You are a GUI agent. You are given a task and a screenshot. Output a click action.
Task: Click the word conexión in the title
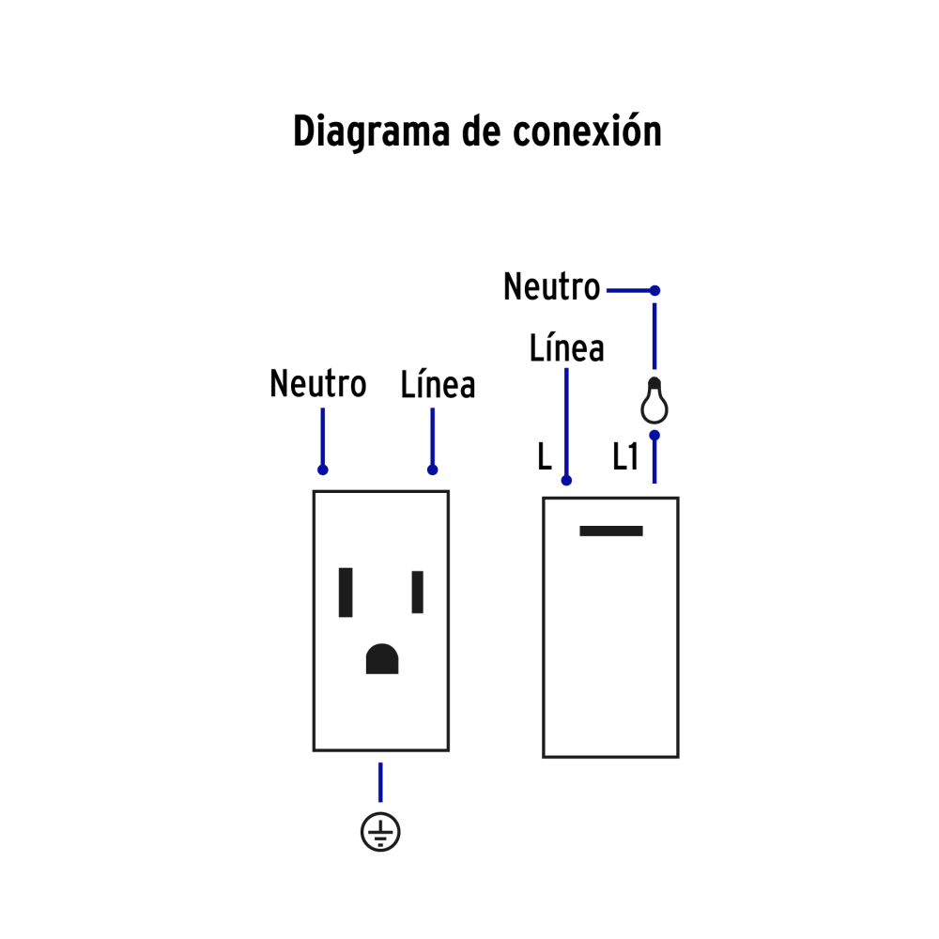click(587, 131)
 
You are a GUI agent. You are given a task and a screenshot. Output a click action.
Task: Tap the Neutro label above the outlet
click(317, 383)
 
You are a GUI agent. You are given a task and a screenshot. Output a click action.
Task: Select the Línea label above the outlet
click(438, 384)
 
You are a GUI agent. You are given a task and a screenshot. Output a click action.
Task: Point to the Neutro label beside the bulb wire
click(551, 287)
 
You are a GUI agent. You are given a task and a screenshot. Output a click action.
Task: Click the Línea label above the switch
click(566, 348)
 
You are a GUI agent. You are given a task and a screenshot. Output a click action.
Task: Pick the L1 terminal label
click(625, 458)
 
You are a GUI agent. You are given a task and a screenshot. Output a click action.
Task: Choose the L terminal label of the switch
click(545, 458)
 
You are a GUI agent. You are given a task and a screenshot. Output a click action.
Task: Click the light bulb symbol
click(654, 401)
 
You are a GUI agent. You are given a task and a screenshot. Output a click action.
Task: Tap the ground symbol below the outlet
click(380, 832)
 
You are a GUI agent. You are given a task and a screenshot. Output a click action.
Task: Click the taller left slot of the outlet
click(346, 592)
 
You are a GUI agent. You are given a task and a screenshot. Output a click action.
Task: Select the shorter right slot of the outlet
click(418, 592)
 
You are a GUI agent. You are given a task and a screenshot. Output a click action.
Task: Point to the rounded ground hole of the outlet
click(382, 659)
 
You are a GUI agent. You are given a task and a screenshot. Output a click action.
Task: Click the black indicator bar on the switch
click(611, 531)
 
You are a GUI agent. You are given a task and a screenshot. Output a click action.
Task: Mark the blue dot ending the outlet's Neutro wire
click(322, 469)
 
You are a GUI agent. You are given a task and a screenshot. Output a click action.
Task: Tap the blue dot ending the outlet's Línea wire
click(432, 469)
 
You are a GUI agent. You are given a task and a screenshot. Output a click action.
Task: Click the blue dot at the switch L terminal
click(566, 481)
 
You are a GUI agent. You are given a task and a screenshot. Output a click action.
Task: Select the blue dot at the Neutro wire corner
click(655, 291)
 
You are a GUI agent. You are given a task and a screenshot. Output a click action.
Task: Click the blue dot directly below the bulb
click(655, 435)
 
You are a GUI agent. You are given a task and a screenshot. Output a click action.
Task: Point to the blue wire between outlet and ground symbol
click(380, 781)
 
